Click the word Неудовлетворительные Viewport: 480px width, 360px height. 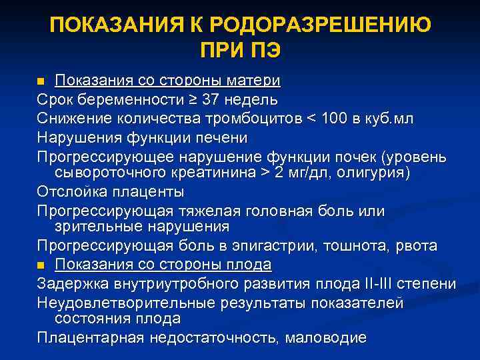pos(123,302)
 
